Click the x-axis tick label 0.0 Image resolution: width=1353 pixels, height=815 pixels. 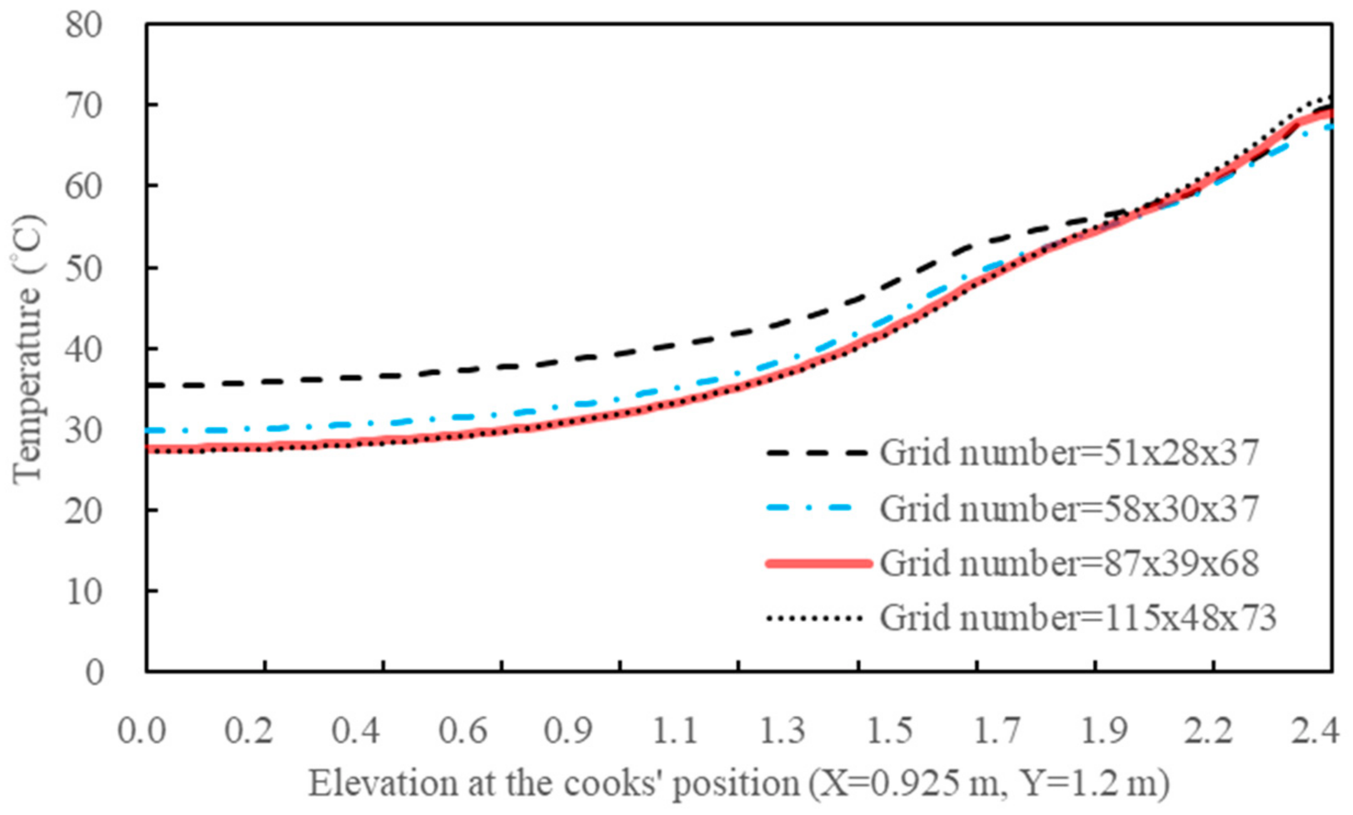(x=143, y=730)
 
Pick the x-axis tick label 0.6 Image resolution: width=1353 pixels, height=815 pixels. (x=463, y=730)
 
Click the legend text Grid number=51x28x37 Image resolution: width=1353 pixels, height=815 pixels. (x=1069, y=452)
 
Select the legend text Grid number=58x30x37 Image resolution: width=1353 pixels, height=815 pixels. (x=1069, y=508)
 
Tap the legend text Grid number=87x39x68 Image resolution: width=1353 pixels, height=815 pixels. (x=1069, y=563)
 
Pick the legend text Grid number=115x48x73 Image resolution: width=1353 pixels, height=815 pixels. (x=1077, y=618)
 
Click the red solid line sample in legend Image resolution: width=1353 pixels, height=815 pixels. (x=818, y=564)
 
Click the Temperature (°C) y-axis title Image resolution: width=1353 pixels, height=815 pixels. (x=28, y=349)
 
